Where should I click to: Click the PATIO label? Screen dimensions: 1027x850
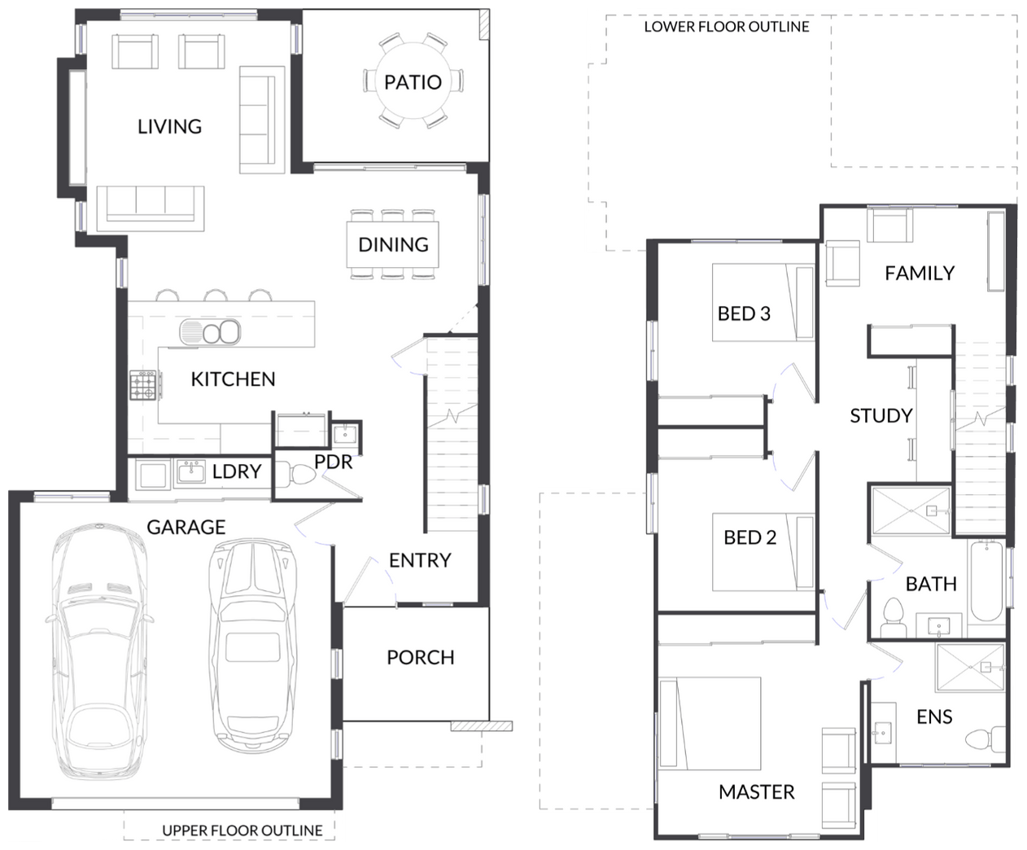[413, 82]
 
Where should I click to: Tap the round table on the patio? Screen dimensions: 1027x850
[413, 81]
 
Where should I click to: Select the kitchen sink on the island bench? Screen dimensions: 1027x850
[210, 331]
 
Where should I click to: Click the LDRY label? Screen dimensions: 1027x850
[237, 471]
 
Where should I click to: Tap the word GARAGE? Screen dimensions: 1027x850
[186, 527]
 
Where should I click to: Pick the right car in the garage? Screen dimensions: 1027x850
[252, 645]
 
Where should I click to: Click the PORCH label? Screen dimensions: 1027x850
[421, 658]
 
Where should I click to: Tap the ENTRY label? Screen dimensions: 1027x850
[420, 560]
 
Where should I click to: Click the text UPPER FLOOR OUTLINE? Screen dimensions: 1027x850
[243, 830]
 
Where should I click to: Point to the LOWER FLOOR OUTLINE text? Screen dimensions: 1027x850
[727, 27]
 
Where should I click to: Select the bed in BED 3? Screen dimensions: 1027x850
[763, 303]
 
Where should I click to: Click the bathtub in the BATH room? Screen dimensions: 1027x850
[986, 581]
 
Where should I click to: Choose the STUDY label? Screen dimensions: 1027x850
[881, 416]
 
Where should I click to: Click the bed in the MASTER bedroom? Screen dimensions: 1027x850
[710, 723]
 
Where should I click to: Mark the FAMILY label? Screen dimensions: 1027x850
[920, 274]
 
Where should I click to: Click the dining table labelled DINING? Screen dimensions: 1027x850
[393, 244]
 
